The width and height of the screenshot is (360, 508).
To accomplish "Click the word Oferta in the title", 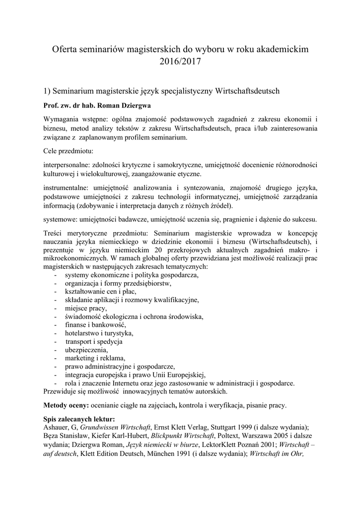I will coord(66,50).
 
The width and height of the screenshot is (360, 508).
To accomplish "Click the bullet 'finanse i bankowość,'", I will coord(97,324).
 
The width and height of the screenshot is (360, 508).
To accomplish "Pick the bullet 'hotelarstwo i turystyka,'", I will coord(99,333).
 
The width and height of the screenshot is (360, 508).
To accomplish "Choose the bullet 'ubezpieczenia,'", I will coord(86,350).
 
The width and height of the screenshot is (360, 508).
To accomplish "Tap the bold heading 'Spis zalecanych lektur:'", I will coord(79,419).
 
